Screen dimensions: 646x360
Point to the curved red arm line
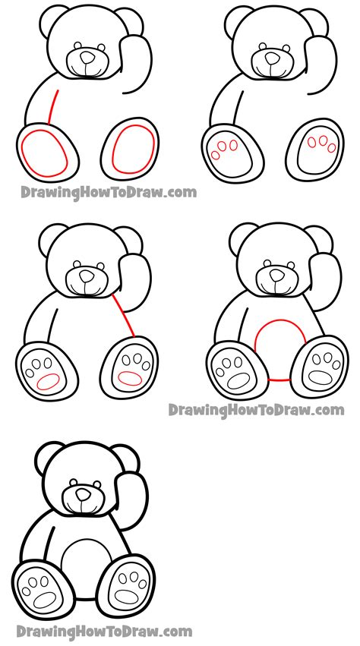coord(52,107)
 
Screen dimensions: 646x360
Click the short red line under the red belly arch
coord(280,379)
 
